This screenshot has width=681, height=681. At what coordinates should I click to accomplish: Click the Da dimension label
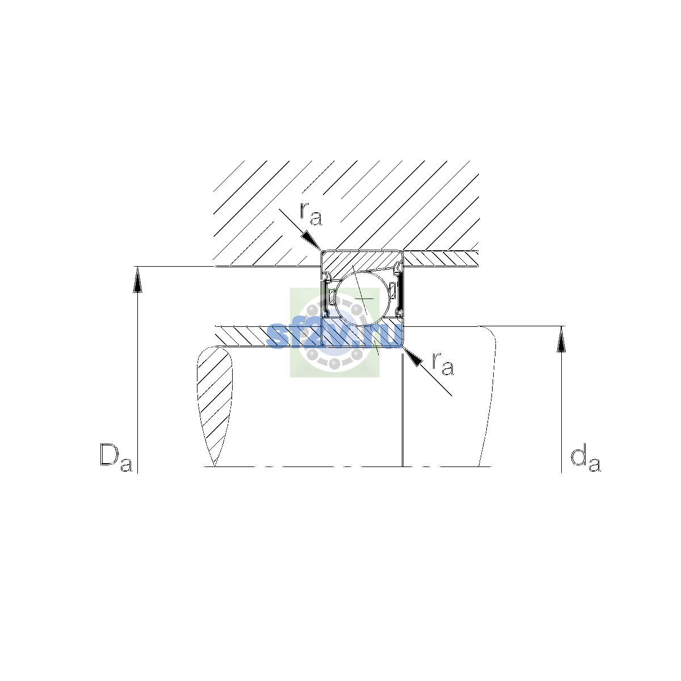coord(116,457)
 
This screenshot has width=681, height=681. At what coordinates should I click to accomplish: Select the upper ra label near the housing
coord(311,215)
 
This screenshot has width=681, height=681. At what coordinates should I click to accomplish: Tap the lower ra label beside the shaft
coord(443,364)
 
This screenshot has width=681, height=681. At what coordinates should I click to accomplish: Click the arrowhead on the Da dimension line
coord(137,280)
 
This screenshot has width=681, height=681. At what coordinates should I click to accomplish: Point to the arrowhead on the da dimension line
coord(561,339)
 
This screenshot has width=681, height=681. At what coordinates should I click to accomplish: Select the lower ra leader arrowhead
coord(413,356)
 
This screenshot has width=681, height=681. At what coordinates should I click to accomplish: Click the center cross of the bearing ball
coord(363,299)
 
